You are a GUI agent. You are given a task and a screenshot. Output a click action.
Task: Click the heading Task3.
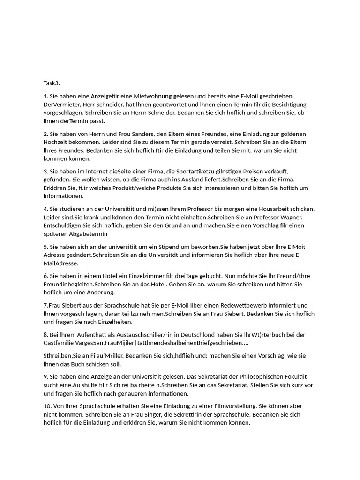pyautogui.click(x=52, y=83)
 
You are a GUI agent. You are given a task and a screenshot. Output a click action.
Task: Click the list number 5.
pyautogui.click(x=45, y=247)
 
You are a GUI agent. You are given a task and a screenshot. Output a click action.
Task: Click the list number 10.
pyautogui.click(x=47, y=406)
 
